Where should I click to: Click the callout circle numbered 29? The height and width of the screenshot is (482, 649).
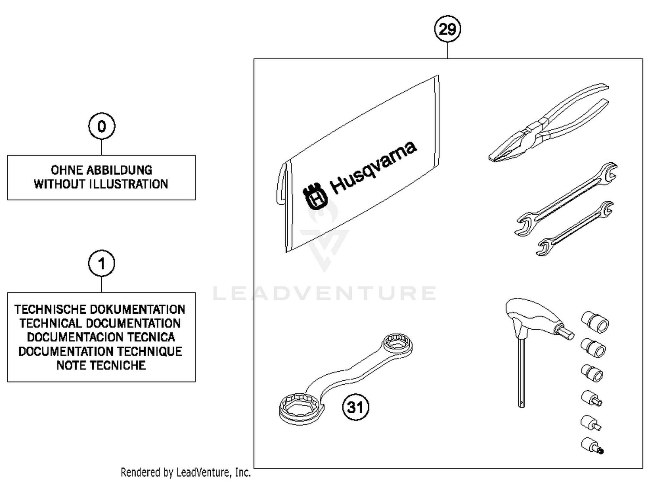pyautogui.click(x=447, y=29)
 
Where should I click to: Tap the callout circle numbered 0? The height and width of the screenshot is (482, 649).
pyautogui.click(x=102, y=126)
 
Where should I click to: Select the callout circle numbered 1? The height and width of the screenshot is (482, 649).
pyautogui.click(x=102, y=263)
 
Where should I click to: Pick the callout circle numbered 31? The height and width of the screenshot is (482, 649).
pyautogui.click(x=356, y=407)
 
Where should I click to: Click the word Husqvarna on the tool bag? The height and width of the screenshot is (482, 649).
pyautogui.click(x=373, y=167)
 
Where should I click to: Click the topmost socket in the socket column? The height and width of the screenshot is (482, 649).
pyautogui.click(x=595, y=322)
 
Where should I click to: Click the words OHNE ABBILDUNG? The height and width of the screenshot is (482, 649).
pyautogui.click(x=102, y=170)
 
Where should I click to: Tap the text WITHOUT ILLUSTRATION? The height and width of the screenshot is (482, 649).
pyautogui.click(x=101, y=184)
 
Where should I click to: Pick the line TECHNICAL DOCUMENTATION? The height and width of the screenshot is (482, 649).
pyautogui.click(x=100, y=324)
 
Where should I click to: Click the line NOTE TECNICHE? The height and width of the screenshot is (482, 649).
pyautogui.click(x=101, y=366)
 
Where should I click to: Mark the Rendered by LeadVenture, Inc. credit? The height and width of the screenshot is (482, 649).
pyautogui.click(x=186, y=472)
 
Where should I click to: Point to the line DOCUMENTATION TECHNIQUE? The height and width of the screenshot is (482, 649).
pyautogui.click(x=100, y=351)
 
